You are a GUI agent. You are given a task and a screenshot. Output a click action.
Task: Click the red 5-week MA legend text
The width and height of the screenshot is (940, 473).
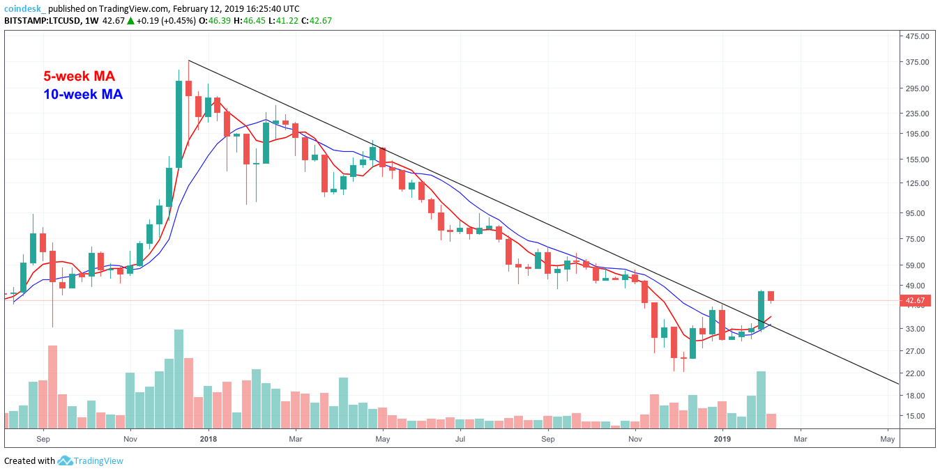[79, 77]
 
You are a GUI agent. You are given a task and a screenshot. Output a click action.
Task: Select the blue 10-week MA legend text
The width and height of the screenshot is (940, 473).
[83, 94]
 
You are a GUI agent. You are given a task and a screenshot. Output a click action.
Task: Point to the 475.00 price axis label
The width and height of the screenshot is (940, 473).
[916, 36]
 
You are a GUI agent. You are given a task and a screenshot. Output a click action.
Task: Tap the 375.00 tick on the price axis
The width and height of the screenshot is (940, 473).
[916, 62]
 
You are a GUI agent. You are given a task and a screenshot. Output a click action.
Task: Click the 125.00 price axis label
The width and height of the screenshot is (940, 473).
[916, 183]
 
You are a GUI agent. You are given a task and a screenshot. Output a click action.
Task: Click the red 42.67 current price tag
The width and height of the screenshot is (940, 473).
[914, 301]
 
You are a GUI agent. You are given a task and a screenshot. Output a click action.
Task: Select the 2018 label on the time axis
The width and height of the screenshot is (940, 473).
[208, 440]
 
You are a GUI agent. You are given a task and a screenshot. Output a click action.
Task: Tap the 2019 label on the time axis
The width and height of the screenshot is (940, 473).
[722, 440]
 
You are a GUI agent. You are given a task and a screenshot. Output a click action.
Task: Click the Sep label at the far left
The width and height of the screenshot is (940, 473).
[43, 440]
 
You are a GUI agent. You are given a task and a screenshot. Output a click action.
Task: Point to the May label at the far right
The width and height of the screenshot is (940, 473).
[888, 440]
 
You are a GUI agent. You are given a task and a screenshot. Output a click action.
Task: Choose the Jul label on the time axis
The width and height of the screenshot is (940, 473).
[460, 440]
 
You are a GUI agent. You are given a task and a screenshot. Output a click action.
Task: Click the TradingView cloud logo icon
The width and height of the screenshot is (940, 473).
[66, 460]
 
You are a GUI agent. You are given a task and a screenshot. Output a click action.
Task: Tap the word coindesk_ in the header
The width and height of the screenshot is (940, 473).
[26, 8]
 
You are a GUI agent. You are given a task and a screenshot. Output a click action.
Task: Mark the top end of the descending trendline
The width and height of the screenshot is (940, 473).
[189, 61]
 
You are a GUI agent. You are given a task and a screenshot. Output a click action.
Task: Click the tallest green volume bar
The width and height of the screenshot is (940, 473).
[179, 378]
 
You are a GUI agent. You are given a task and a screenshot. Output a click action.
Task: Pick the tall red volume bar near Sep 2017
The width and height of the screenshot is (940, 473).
[52, 386]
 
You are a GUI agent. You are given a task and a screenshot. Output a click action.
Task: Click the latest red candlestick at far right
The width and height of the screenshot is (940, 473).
[771, 296]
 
